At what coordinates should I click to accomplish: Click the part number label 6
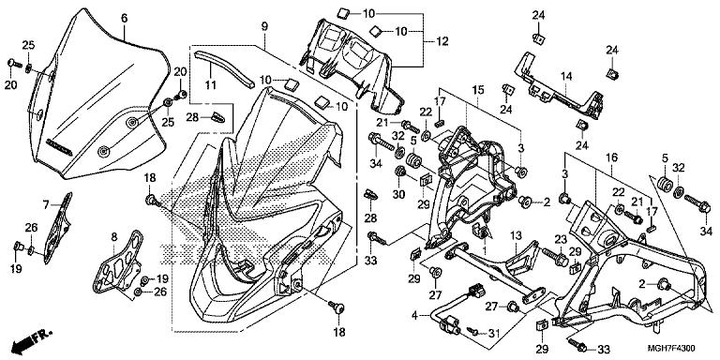click(125, 19)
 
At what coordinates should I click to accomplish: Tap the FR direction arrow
click(31, 338)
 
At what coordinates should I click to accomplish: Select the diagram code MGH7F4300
click(671, 348)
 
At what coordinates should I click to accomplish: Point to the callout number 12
click(442, 41)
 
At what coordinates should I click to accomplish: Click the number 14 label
click(566, 76)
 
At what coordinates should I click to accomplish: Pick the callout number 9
click(264, 26)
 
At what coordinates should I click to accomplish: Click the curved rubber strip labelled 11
click(213, 69)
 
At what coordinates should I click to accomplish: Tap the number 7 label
click(46, 204)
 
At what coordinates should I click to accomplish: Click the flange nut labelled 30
click(399, 173)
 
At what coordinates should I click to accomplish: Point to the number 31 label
click(493, 333)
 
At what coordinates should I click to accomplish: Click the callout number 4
click(414, 316)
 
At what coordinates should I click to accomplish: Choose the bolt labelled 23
click(554, 256)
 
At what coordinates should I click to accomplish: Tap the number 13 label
click(516, 236)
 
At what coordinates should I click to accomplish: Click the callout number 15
click(478, 90)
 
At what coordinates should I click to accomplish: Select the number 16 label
click(611, 158)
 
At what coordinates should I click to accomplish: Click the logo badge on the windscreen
click(59, 147)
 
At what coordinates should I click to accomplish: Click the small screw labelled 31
click(472, 330)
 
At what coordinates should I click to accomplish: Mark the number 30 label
click(398, 195)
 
